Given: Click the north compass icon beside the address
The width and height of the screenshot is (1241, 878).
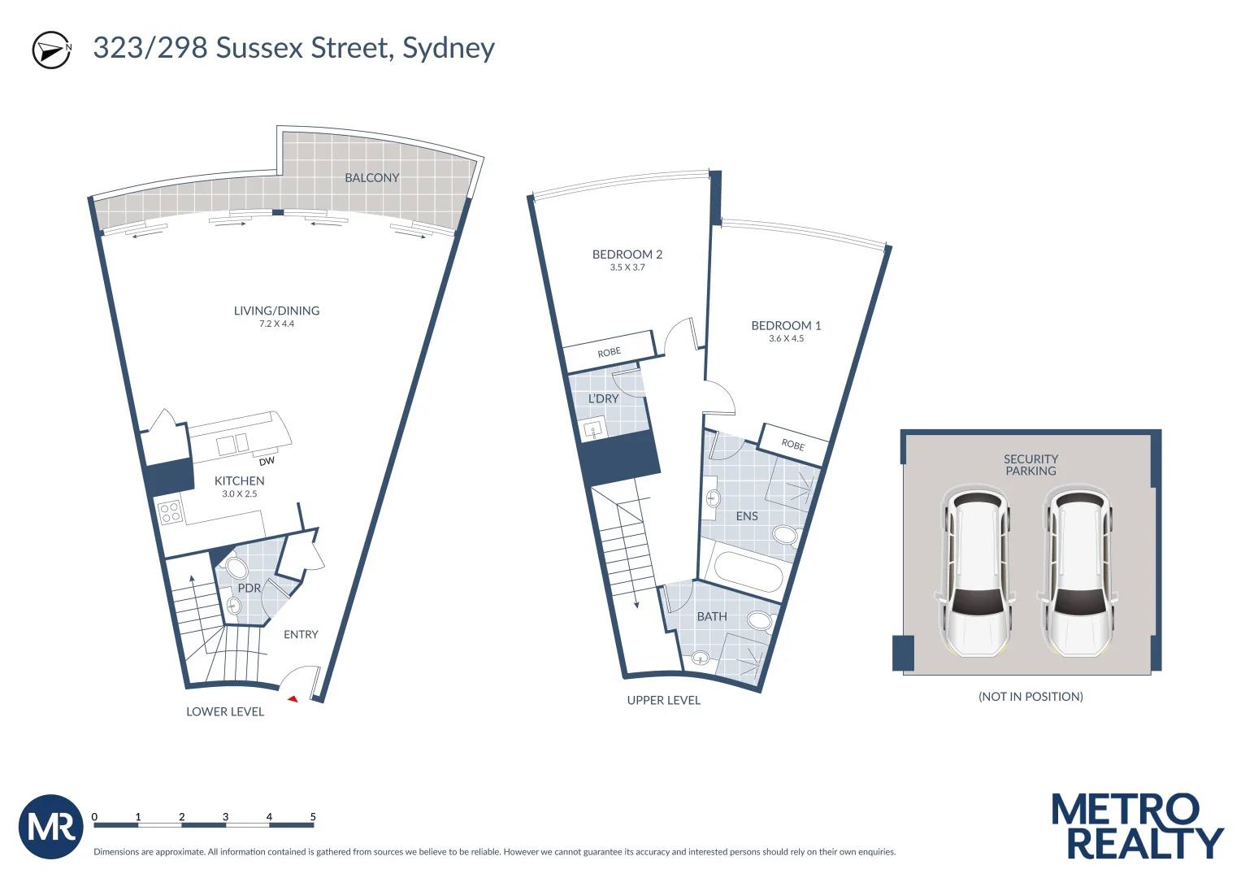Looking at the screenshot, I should tap(51, 50).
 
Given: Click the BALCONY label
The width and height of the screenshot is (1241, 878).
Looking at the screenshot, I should tap(371, 178).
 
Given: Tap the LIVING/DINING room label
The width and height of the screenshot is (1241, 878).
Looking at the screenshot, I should tap(276, 311).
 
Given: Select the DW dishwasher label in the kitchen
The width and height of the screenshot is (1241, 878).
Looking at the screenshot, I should tap(267, 461).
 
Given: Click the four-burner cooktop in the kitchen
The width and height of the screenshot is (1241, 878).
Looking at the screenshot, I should tap(171, 512).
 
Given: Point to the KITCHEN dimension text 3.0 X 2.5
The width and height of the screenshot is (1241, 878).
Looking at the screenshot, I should tap(239, 494).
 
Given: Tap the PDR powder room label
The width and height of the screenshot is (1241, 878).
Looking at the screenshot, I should tap(249, 588).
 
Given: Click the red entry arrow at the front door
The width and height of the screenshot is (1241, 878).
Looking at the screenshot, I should tap(293, 698).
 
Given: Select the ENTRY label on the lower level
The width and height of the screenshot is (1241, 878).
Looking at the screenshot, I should tap(301, 635).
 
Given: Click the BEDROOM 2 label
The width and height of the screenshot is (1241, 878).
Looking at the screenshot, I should tap(627, 254).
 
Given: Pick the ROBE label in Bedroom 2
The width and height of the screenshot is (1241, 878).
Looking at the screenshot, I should tap(609, 352).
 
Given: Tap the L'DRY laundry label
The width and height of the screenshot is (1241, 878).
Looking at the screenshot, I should tap(603, 399).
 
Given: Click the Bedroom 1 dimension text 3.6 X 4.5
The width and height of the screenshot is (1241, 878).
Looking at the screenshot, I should tap(786, 339).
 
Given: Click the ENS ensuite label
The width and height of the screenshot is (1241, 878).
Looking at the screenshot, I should tap(746, 516).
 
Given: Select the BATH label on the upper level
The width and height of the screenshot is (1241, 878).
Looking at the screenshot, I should tap(712, 617).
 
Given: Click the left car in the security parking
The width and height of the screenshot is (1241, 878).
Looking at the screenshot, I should tap(978, 572).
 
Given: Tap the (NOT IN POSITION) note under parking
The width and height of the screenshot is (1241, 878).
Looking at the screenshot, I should tap(1031, 697).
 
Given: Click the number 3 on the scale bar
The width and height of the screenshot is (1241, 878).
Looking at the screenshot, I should tap(225, 817).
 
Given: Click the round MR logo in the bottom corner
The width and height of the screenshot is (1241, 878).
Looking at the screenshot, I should tap(50, 827).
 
